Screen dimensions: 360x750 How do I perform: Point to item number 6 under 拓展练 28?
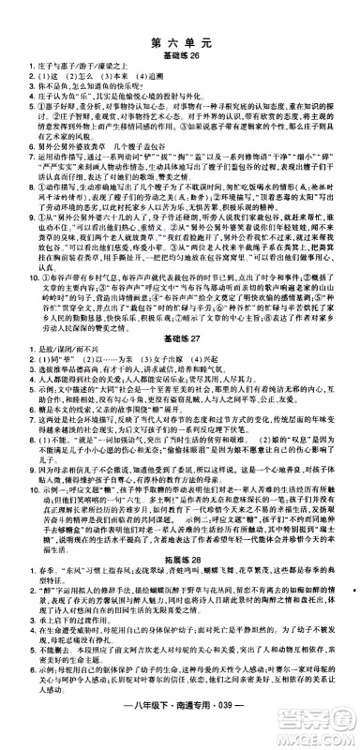tap(20, 684)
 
